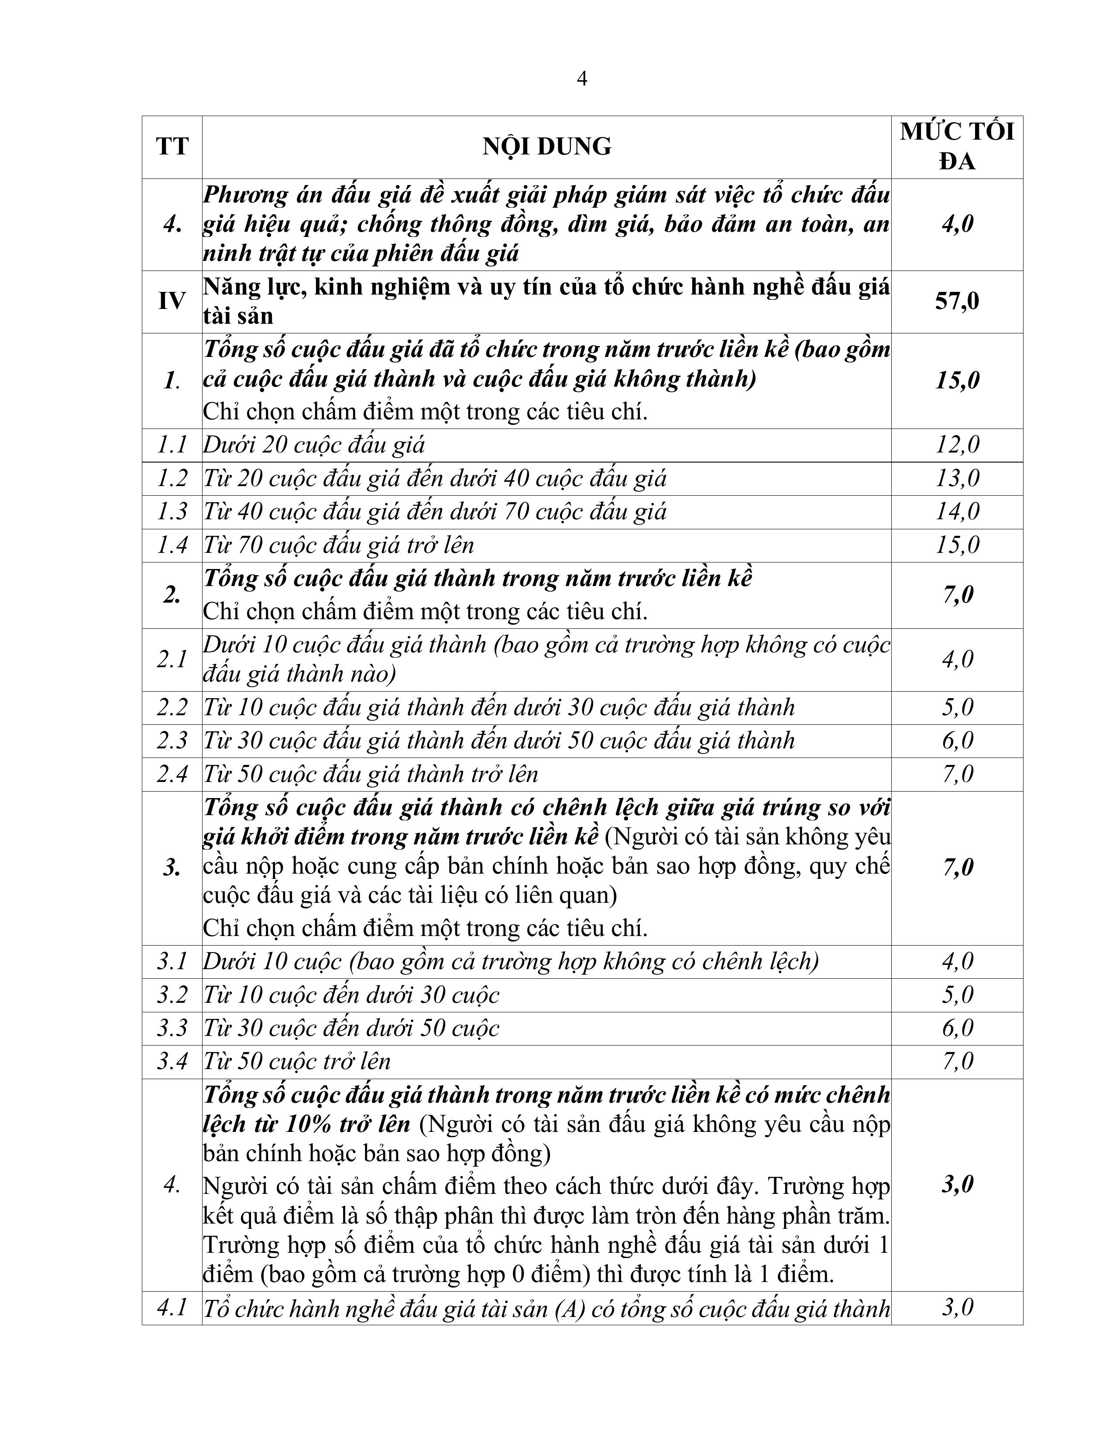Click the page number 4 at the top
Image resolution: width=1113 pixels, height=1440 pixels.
point(581,79)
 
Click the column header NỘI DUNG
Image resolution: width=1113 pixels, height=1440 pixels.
point(546,146)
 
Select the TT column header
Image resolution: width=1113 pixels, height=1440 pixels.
point(172,146)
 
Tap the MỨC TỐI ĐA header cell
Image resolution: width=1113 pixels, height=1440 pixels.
point(957,146)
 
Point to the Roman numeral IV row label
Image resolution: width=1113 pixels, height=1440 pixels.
point(172,302)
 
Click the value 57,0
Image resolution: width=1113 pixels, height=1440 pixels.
point(957,302)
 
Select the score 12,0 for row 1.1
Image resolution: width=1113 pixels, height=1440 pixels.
point(957,445)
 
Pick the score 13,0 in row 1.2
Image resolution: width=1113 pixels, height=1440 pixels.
point(957,478)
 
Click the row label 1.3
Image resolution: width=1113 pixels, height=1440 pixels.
point(172,512)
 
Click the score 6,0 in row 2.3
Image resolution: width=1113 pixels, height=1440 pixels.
point(957,741)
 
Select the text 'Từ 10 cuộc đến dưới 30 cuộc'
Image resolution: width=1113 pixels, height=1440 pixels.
point(351,995)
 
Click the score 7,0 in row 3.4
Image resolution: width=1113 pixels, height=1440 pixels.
point(957,1062)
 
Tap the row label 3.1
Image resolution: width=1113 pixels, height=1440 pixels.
point(172,961)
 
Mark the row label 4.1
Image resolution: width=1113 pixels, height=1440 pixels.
point(172,1307)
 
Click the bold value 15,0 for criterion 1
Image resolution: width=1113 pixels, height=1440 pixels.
point(957,381)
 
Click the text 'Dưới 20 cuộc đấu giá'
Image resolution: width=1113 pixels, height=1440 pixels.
point(314,445)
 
